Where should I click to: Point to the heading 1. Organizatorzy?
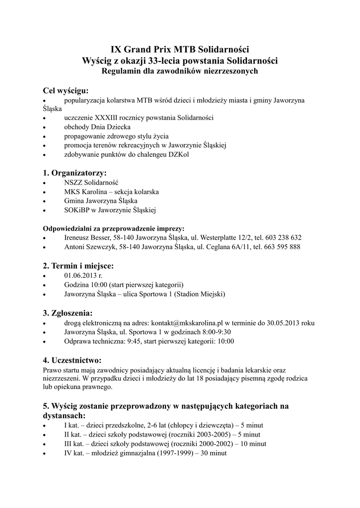point(75,173)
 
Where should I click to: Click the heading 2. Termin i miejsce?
point(78,266)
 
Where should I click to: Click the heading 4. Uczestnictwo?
point(72,360)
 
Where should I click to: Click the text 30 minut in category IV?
point(213,452)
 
